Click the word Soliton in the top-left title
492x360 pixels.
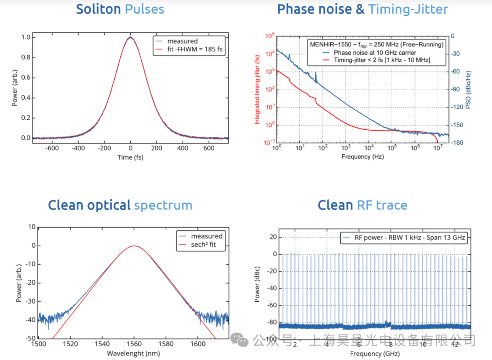tap(98, 9)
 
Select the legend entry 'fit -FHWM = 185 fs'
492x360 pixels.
tap(195, 50)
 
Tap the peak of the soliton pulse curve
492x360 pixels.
tap(130, 37)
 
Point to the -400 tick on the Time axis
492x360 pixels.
tap(78, 148)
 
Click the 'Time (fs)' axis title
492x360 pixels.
tap(130, 157)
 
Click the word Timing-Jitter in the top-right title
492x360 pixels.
tap(408, 9)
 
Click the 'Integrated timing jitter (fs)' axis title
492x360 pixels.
tap(257, 89)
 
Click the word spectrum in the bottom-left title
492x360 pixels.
tap(163, 205)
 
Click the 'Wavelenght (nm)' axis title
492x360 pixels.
tap(133, 353)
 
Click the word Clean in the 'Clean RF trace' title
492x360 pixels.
tap(335, 205)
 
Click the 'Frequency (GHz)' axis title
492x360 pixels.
tap(373, 353)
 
